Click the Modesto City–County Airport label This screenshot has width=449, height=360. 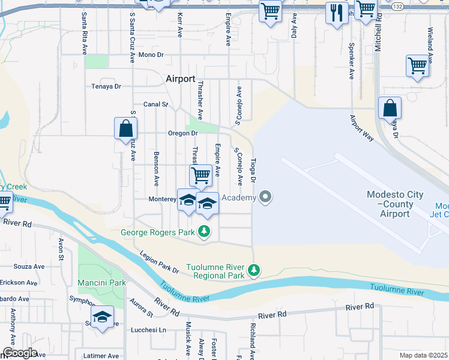coord(395,204)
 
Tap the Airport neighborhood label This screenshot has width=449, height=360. coord(181,79)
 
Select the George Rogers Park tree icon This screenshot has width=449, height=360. coord(205,231)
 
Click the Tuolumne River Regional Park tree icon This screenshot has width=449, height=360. coord(254,271)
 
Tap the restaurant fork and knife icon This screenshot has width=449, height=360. coord(336,11)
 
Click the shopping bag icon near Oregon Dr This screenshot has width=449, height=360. coord(126,128)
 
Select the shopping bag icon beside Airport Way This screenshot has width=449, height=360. coord(390,109)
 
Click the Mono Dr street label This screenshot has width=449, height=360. coord(151,55)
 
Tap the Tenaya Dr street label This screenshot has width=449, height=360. coord(106,86)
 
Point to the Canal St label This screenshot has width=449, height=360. coord(156,104)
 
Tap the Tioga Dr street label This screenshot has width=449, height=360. coord(253,171)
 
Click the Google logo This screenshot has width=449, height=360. coord(19,353)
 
